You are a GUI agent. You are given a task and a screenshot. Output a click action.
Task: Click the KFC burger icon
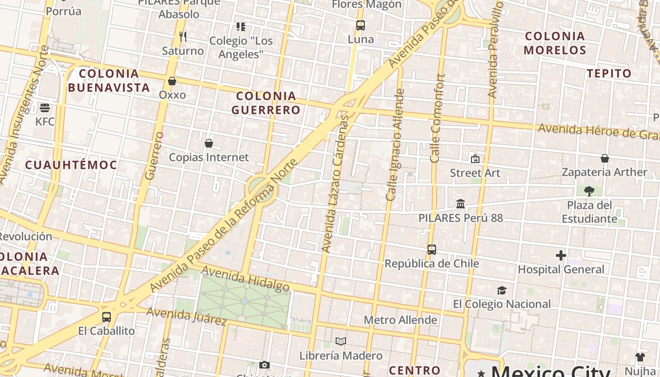pyautogui.click(x=45, y=108)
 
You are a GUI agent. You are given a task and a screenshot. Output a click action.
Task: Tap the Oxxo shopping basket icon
pyautogui.click(x=172, y=81)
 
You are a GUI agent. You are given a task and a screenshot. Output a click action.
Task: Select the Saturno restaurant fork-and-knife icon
pyautogui.click(x=183, y=36)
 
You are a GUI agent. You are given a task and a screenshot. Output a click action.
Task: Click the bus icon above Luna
pyautogui.click(x=361, y=25)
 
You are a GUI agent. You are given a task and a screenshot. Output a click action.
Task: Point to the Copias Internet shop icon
pyautogui.click(x=209, y=143)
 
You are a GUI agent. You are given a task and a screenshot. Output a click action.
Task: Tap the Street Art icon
pyautogui.click(x=475, y=159)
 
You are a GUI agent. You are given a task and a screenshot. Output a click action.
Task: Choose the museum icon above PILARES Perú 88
pyautogui.click(x=461, y=204)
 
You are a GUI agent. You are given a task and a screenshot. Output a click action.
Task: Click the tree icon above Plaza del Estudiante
pyautogui.click(x=589, y=191)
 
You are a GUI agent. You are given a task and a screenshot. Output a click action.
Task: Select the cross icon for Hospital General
pyautogui.click(x=561, y=255)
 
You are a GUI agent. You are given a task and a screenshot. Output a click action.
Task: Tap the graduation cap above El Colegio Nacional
pyautogui.click(x=502, y=290)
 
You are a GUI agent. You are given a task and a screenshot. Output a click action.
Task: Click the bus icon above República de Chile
pyautogui.click(x=432, y=250)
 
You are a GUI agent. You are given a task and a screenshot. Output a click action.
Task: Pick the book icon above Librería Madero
pyautogui.click(x=341, y=341)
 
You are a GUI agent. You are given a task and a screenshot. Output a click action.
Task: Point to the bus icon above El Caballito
pyautogui.click(x=107, y=317)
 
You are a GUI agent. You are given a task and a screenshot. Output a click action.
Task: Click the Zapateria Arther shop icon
pyautogui.click(x=604, y=158)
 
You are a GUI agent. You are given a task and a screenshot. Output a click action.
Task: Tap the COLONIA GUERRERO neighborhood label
pyautogui.click(x=266, y=103)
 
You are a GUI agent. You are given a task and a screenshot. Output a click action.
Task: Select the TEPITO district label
pyautogui.click(x=609, y=73)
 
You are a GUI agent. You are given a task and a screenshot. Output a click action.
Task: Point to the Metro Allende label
pyautogui.click(x=400, y=320)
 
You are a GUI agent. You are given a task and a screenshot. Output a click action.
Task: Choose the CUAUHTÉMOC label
pyautogui.click(x=71, y=165)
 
